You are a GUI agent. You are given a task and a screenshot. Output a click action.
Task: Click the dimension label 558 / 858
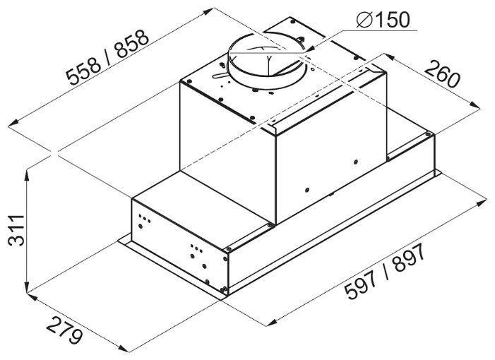(107, 57)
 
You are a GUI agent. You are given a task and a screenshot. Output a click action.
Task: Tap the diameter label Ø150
(383, 20)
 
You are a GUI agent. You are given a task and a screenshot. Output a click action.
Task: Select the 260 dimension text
(442, 74)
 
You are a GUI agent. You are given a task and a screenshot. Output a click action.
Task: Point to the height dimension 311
(16, 230)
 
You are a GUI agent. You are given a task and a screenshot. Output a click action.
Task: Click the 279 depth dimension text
(66, 330)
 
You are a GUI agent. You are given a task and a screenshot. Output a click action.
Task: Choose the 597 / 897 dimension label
(385, 272)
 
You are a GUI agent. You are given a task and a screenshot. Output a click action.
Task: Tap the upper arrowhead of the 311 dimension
(28, 176)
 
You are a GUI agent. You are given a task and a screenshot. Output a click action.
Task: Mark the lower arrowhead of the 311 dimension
(28, 288)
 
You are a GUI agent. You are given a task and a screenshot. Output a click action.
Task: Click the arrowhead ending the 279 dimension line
(123, 348)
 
